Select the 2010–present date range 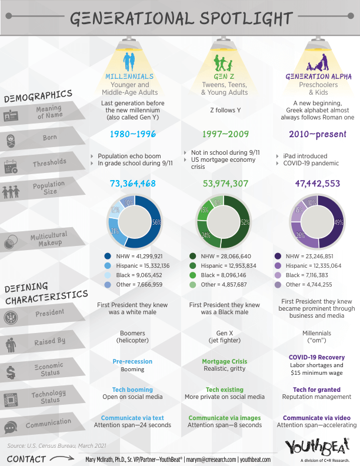point(318,134)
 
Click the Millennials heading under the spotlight point(129,76)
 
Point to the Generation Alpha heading point(318,76)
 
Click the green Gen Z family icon point(224,61)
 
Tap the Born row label point(49,138)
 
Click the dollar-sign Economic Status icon point(11,371)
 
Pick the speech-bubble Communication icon point(11,427)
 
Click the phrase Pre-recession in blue point(132,361)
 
